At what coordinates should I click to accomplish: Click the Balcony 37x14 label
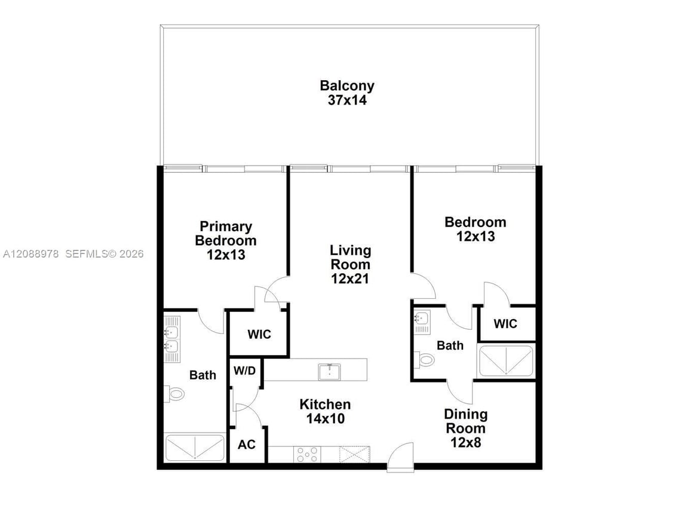click(347, 93)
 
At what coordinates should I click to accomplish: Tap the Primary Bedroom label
click(226, 233)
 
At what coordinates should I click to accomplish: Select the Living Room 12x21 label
click(350, 265)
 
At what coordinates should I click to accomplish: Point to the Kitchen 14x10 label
click(325, 411)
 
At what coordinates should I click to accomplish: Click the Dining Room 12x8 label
click(466, 428)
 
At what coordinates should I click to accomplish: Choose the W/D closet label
click(245, 371)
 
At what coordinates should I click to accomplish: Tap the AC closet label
click(247, 445)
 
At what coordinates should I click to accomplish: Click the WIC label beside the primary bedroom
click(259, 334)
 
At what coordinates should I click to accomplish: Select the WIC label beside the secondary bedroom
click(505, 323)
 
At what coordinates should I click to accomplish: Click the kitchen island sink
click(329, 372)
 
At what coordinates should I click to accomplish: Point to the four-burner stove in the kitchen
click(307, 454)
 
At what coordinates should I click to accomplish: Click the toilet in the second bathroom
click(424, 359)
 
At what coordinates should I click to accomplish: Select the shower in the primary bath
click(195, 448)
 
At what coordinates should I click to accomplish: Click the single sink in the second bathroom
click(421, 319)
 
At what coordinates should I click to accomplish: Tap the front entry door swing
click(400, 456)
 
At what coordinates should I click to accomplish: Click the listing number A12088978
click(30, 254)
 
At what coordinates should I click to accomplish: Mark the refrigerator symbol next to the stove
click(355, 454)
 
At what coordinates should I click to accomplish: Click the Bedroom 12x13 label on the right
click(475, 229)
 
